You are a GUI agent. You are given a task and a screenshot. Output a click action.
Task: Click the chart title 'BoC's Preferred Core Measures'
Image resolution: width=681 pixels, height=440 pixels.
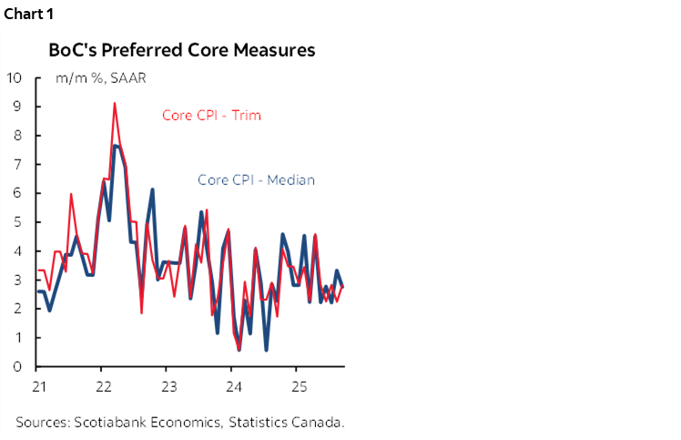(181, 50)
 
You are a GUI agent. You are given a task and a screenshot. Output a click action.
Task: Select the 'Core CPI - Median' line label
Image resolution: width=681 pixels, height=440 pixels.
(256, 179)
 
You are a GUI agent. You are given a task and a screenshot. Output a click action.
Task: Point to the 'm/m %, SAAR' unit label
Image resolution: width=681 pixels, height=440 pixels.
(100, 77)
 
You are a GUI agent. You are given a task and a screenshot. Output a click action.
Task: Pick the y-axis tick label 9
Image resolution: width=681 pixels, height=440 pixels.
(17, 107)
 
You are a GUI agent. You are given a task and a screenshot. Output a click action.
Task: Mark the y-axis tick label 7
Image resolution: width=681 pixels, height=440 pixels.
(17, 164)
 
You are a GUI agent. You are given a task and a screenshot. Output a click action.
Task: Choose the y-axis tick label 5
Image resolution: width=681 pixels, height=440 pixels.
(17, 222)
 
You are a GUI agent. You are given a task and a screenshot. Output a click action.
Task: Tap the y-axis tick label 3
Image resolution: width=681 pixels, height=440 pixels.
(17, 280)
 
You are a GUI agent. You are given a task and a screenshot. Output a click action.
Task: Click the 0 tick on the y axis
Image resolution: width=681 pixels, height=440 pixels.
(17, 366)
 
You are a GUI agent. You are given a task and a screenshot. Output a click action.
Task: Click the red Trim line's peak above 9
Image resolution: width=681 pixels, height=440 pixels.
(115, 104)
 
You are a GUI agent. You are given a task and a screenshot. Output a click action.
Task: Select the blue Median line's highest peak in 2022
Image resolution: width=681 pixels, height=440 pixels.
(115, 146)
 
